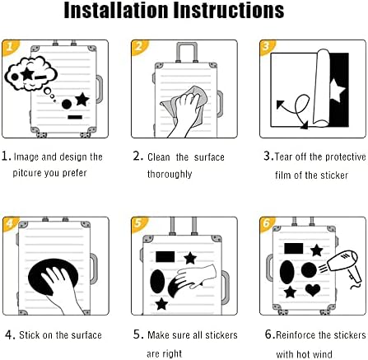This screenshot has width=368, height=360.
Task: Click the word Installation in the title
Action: click(115, 10)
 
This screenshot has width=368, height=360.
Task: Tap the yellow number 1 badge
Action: click(10, 47)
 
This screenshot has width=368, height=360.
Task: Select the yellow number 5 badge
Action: click(139, 223)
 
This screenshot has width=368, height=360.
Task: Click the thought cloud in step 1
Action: click(30, 73)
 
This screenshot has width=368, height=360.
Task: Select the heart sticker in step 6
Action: click(313, 290)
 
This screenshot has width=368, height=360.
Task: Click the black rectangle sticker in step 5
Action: click(165, 257)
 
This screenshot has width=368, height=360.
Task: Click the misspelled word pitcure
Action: click(27, 173)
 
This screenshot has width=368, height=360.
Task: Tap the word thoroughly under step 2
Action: click(170, 174)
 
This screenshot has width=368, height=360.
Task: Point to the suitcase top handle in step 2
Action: click(187, 52)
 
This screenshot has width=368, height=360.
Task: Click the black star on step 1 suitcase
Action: click(82, 100)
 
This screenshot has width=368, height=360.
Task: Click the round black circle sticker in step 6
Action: click(309, 270)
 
